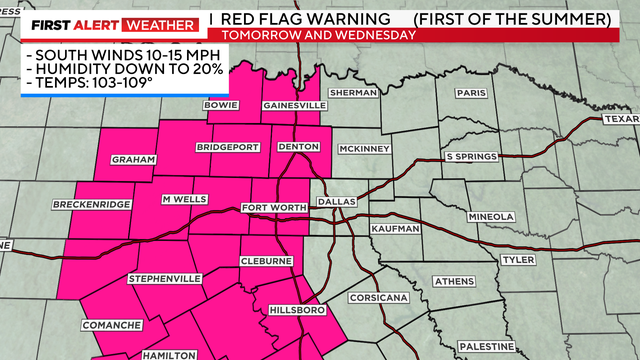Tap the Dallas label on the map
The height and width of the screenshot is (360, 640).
(x=336, y=201)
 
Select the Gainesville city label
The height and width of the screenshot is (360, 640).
(x=294, y=105)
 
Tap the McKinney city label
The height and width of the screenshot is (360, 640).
(x=363, y=149)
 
